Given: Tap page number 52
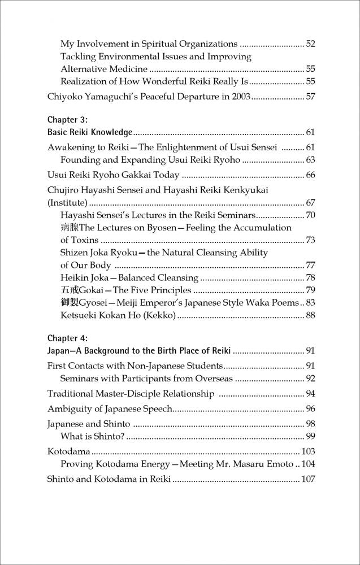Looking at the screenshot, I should (x=310, y=44).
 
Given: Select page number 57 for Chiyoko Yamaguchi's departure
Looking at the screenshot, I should (x=310, y=97).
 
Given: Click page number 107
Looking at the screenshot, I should (x=308, y=479).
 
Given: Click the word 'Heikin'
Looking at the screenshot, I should (x=75, y=277).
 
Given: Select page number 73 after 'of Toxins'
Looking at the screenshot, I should (x=310, y=240).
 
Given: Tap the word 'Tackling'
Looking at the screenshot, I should (x=79, y=56).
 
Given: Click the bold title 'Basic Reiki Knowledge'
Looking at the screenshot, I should (x=89, y=133).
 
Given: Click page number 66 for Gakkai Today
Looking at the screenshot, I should (x=310, y=175).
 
